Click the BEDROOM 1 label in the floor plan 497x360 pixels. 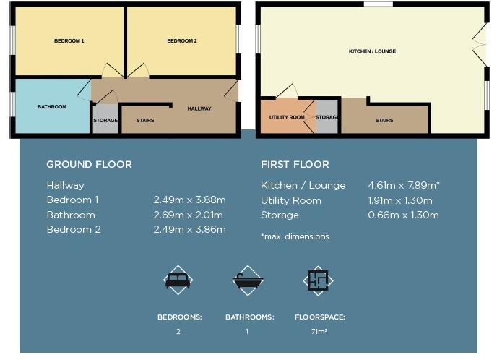tap(69, 41)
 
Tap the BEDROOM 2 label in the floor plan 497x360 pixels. tap(182, 41)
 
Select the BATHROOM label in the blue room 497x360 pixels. tap(52, 107)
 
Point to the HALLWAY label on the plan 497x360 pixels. tap(199, 109)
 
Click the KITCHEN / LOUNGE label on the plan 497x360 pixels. tap(372, 52)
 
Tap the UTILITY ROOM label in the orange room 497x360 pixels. tap(287, 117)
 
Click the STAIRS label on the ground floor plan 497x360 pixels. tap(145, 121)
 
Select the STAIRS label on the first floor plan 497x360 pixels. tap(384, 121)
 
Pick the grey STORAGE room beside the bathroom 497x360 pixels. tap(105, 120)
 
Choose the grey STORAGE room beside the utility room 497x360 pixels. tap(327, 117)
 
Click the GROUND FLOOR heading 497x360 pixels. tap(89, 165)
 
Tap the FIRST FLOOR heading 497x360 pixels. tap(295, 165)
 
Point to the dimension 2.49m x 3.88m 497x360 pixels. tap(189, 200)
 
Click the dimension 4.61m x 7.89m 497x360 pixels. tap(404, 186)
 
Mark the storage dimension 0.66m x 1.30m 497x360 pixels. tap(403, 215)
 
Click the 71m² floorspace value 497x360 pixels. tap(319, 332)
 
